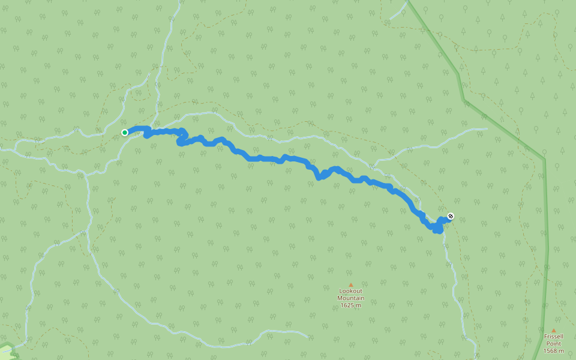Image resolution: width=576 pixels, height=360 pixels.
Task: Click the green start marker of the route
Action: pyautogui.click(x=125, y=133)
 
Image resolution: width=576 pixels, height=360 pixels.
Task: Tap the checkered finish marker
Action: pyautogui.click(x=451, y=216)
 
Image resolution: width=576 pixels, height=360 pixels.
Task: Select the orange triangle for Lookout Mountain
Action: pyautogui.click(x=350, y=285)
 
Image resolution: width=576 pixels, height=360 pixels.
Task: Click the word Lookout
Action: pyautogui.click(x=350, y=291)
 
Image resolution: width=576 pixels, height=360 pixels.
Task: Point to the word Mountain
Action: pyautogui.click(x=350, y=298)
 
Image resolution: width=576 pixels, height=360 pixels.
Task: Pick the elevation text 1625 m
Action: pyautogui.click(x=350, y=305)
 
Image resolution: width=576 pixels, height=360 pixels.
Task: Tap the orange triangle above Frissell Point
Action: pyautogui.click(x=553, y=329)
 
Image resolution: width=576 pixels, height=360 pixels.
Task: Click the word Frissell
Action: pyautogui.click(x=553, y=336)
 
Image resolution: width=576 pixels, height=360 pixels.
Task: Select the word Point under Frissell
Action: pyautogui.click(x=553, y=343)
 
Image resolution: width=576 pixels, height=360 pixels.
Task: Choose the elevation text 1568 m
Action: pyautogui.click(x=553, y=350)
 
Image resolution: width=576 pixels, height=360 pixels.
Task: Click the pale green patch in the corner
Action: pyautogui.click(x=5, y=351)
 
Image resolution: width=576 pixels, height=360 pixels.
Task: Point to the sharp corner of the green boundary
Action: pyautogui.click(x=544, y=159)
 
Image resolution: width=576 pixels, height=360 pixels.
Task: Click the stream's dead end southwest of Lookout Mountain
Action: pyautogui.click(x=308, y=337)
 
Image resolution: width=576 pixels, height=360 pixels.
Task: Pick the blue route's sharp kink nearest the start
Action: pyautogui.click(x=146, y=135)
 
